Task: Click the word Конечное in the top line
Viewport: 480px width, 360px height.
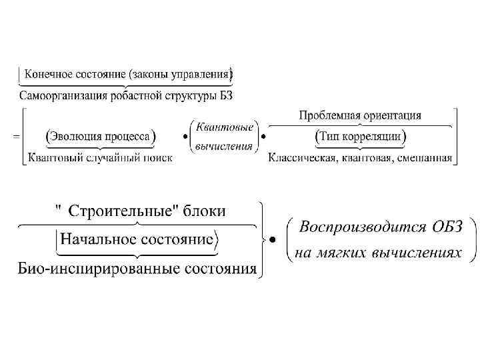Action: pyautogui.click(x=46, y=72)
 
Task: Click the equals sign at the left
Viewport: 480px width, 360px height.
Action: pyautogui.click(x=15, y=136)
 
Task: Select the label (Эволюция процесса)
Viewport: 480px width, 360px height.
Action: pyautogui.click(x=100, y=136)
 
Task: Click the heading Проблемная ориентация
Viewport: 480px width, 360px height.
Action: pyautogui.click(x=360, y=115)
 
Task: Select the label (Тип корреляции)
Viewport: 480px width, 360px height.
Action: pyautogui.click(x=360, y=136)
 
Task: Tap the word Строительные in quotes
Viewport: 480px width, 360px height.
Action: pyautogui.click(x=120, y=212)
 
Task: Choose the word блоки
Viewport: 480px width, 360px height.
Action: pyautogui.click(x=203, y=212)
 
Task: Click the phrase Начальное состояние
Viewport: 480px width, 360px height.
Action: pyautogui.click(x=137, y=239)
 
